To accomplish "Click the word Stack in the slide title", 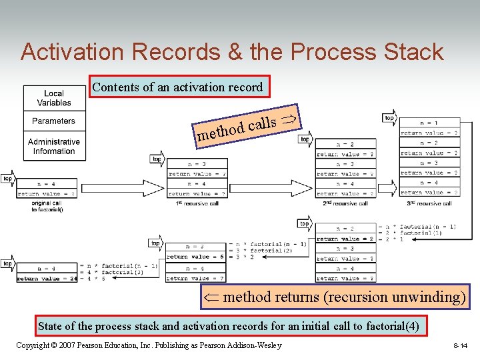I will (413, 52).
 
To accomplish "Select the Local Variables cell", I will (54, 99).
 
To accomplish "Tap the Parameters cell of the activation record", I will (54, 121).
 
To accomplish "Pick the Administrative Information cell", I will (54, 147).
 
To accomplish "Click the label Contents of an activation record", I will (177, 87).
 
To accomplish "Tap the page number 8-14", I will (460, 346).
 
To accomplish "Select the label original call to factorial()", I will (47, 206).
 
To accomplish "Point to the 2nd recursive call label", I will (345, 203).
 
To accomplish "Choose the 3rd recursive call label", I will (429, 203).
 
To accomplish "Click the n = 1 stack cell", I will (429, 123).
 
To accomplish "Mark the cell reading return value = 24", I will (46, 279).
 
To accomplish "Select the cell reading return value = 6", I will (196, 257).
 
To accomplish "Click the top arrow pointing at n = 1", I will (389, 118).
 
